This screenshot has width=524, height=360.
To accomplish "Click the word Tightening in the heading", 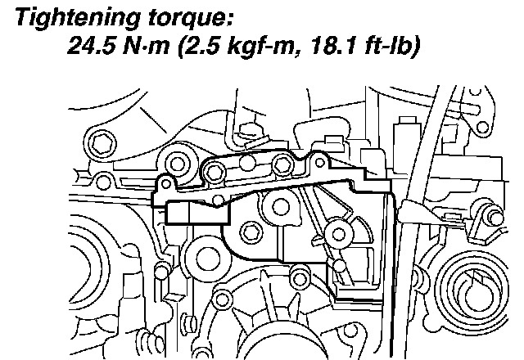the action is (x=78, y=17).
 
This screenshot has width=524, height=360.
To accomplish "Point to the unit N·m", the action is (x=146, y=45).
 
